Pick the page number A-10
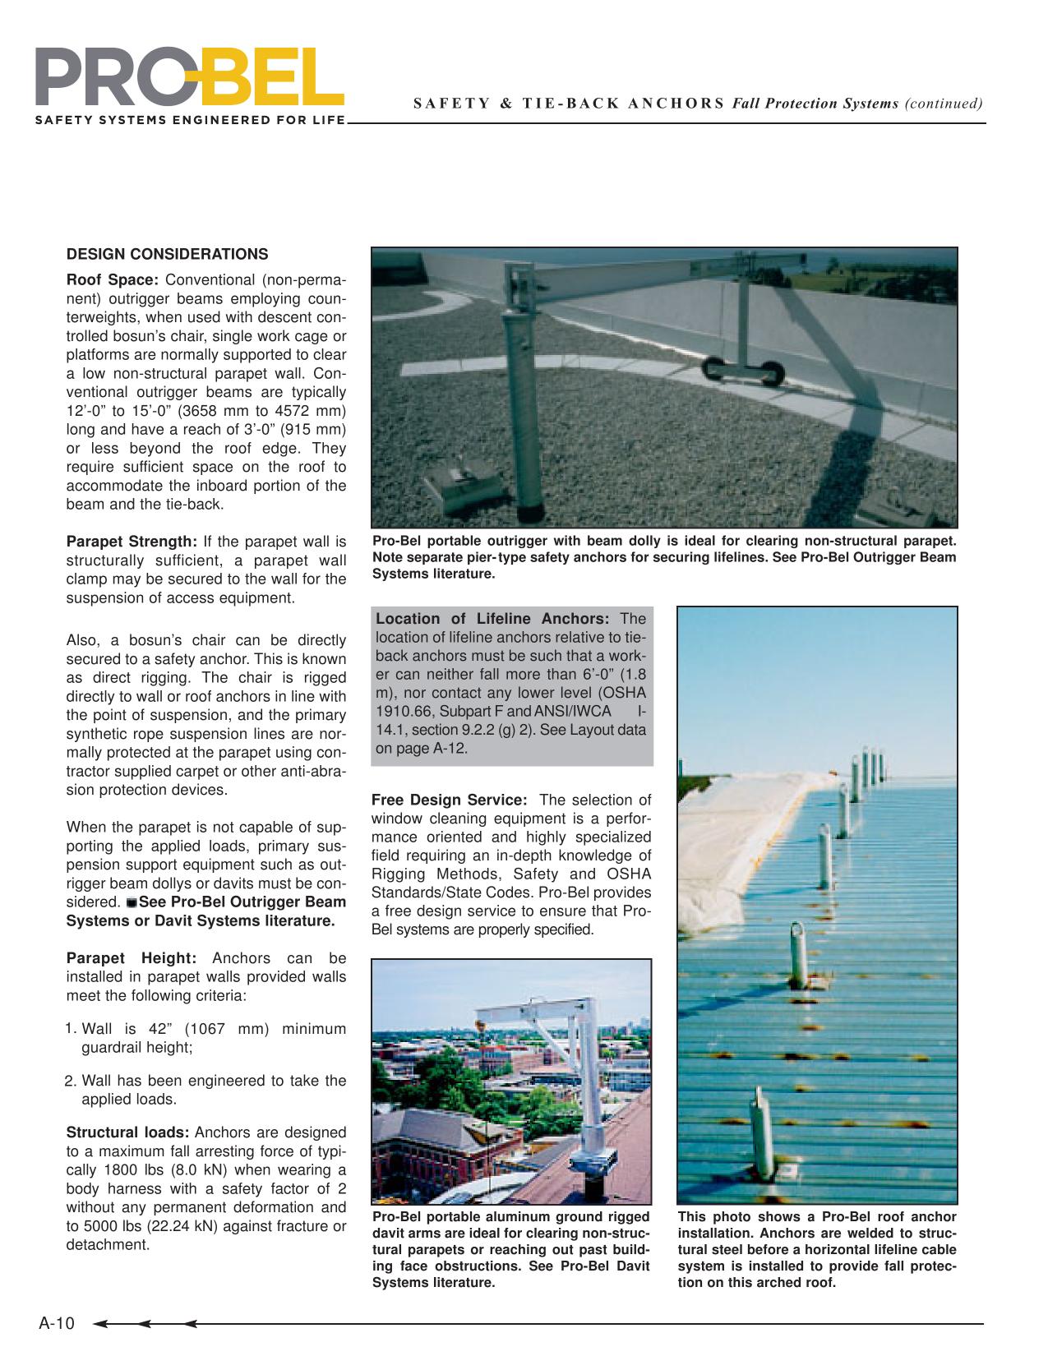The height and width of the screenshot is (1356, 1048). [x=57, y=1323]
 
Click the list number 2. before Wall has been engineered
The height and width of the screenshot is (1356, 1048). [x=71, y=1081]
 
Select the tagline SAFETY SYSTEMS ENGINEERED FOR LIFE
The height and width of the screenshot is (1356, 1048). [x=189, y=121]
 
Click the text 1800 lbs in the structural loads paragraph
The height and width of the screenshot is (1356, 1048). [x=124, y=1170]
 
